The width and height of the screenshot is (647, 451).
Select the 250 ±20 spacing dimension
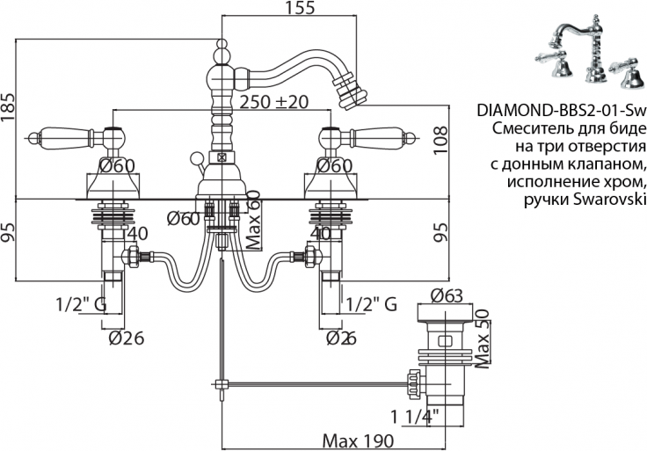click(x=277, y=102)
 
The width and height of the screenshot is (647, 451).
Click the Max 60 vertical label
click(x=255, y=221)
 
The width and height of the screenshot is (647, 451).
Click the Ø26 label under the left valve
click(x=125, y=338)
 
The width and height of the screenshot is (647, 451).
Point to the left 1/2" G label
click(x=80, y=304)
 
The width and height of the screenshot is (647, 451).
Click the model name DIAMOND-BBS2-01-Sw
click(x=562, y=112)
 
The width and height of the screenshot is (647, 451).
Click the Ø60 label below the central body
click(x=183, y=219)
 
